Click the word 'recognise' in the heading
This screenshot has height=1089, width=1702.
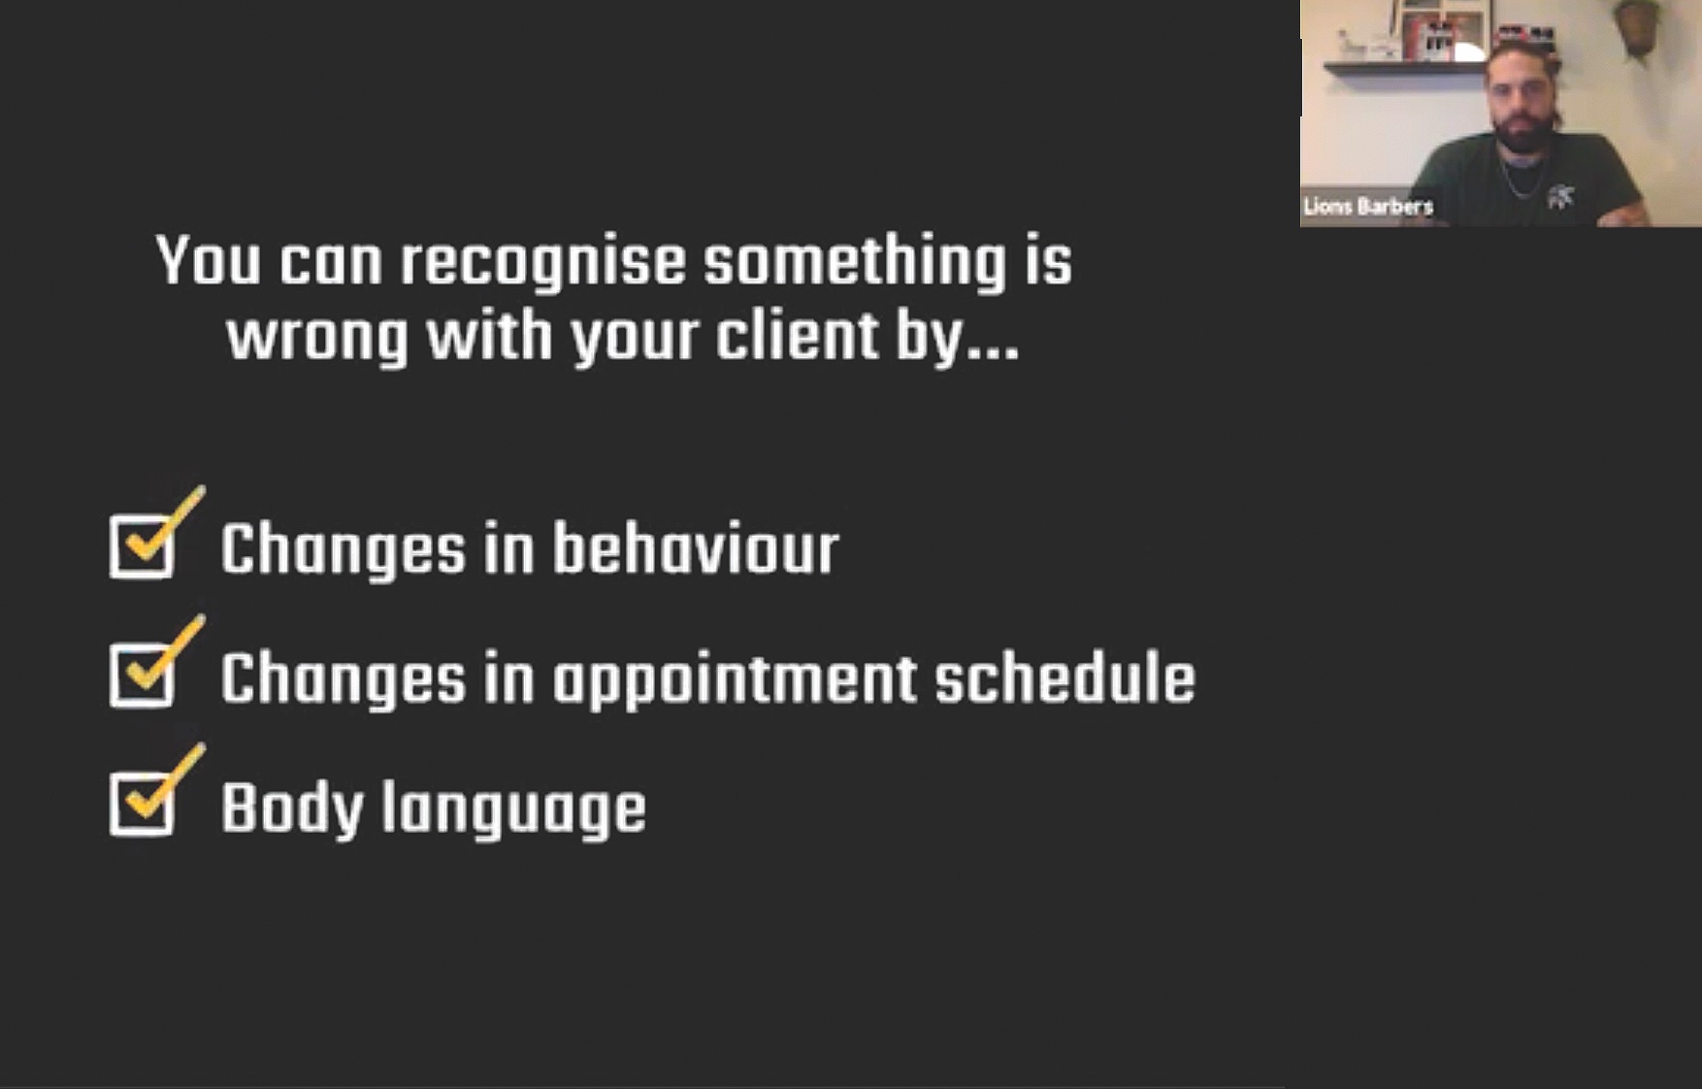pos(543,262)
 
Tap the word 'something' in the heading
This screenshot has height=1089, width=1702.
pos(855,262)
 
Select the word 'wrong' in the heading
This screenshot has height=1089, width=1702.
pos(317,339)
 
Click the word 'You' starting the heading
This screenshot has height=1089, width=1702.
pos(209,260)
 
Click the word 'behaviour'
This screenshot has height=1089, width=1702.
pos(696,548)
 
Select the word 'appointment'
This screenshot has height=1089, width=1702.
pos(735,679)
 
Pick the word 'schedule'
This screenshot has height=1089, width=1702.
pos(1064,676)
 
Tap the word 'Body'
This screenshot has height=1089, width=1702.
pos(292,808)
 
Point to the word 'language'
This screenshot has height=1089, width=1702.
pos(513,808)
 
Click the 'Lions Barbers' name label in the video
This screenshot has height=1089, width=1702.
pos(1368,206)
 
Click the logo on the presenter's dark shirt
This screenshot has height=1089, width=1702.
pos(1560,197)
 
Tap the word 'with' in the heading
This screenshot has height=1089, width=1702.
pos(490,335)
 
